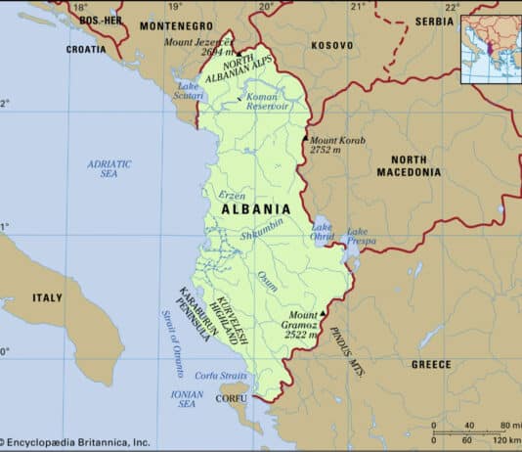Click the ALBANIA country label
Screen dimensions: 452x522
[x=255, y=208]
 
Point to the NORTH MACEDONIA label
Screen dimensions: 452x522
[x=409, y=165]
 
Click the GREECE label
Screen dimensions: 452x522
[x=431, y=364]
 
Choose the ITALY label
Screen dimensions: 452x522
[x=46, y=296]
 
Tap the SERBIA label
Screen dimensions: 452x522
[x=433, y=21]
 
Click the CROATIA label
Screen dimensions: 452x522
[x=86, y=48]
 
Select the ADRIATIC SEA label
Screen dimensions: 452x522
[x=109, y=168]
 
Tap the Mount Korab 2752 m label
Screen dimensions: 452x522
[x=337, y=146]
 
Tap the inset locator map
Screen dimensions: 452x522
[x=491, y=47]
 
